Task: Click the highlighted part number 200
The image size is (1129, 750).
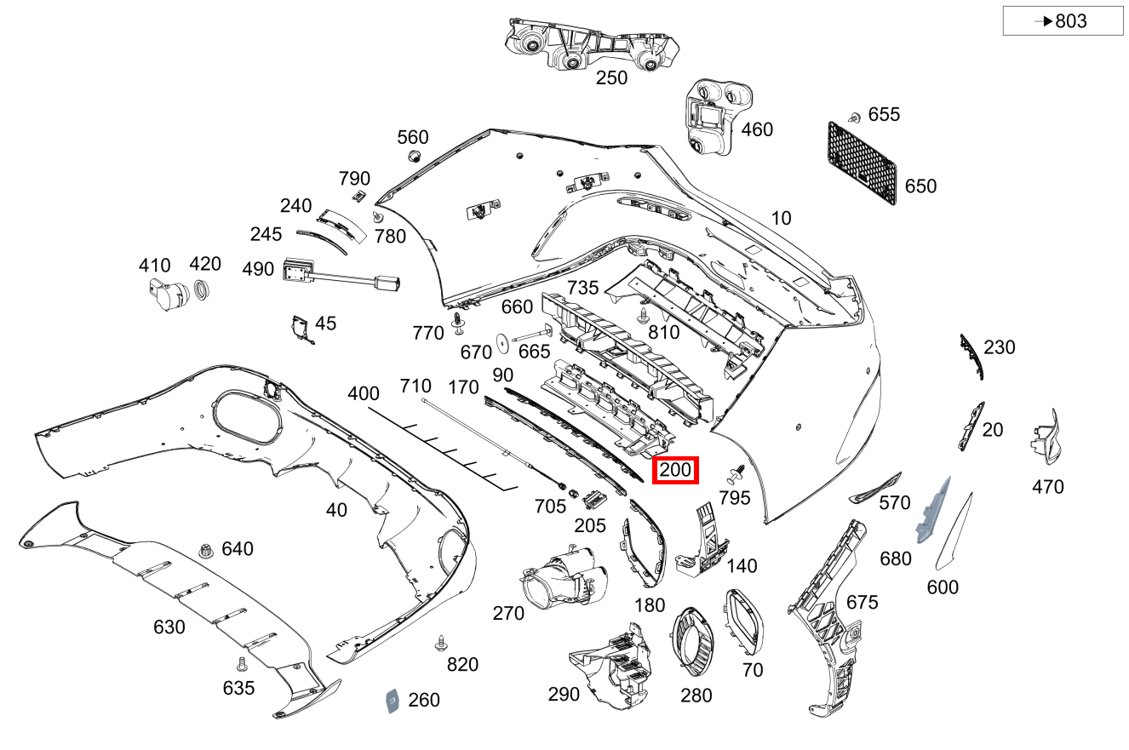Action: coord(675,470)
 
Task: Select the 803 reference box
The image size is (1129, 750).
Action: coord(1063,21)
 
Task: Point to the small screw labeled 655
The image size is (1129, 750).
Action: coord(853,116)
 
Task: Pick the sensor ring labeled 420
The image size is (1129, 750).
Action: coord(203,290)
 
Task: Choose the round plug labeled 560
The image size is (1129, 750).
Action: coord(413,156)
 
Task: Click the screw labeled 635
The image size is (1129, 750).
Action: coord(241,663)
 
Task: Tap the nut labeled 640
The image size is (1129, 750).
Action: coord(205,550)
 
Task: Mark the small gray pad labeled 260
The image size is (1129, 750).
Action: coord(393,700)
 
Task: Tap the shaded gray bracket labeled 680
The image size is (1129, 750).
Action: coord(931,512)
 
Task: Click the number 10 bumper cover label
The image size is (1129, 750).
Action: coord(780,218)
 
